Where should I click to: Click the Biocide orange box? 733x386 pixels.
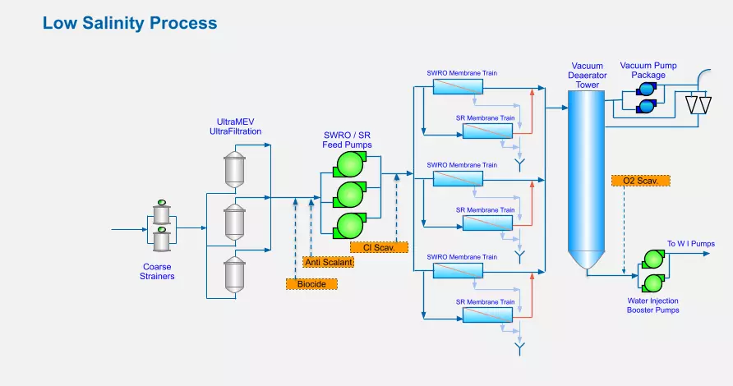pos(311,283)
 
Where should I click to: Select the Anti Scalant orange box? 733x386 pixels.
pos(328,262)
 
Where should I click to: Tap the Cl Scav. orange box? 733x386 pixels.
pos(379,247)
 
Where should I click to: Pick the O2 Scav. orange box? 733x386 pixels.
pos(640,181)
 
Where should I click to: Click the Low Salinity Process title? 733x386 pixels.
pos(130,23)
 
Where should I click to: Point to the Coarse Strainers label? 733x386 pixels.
pos(157,272)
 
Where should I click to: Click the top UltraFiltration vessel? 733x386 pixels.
pos(234,170)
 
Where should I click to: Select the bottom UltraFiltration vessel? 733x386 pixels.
pos(234,275)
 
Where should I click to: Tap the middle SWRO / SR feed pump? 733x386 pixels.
pos(350,195)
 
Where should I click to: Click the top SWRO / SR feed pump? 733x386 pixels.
pos(350,164)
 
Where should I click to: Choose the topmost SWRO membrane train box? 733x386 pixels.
pos(458,87)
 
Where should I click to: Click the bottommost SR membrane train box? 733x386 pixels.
pos(487,315)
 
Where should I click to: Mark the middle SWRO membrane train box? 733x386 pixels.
pos(458,178)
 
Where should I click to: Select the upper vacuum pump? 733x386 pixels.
pos(647,89)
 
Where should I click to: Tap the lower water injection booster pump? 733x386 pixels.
pos(653,283)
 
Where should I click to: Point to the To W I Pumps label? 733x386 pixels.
pos(691,243)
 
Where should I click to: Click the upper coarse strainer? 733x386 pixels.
pos(162,213)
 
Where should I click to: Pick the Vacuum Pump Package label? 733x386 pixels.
pos(648,70)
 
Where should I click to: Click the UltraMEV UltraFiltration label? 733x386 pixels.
pos(235,126)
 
